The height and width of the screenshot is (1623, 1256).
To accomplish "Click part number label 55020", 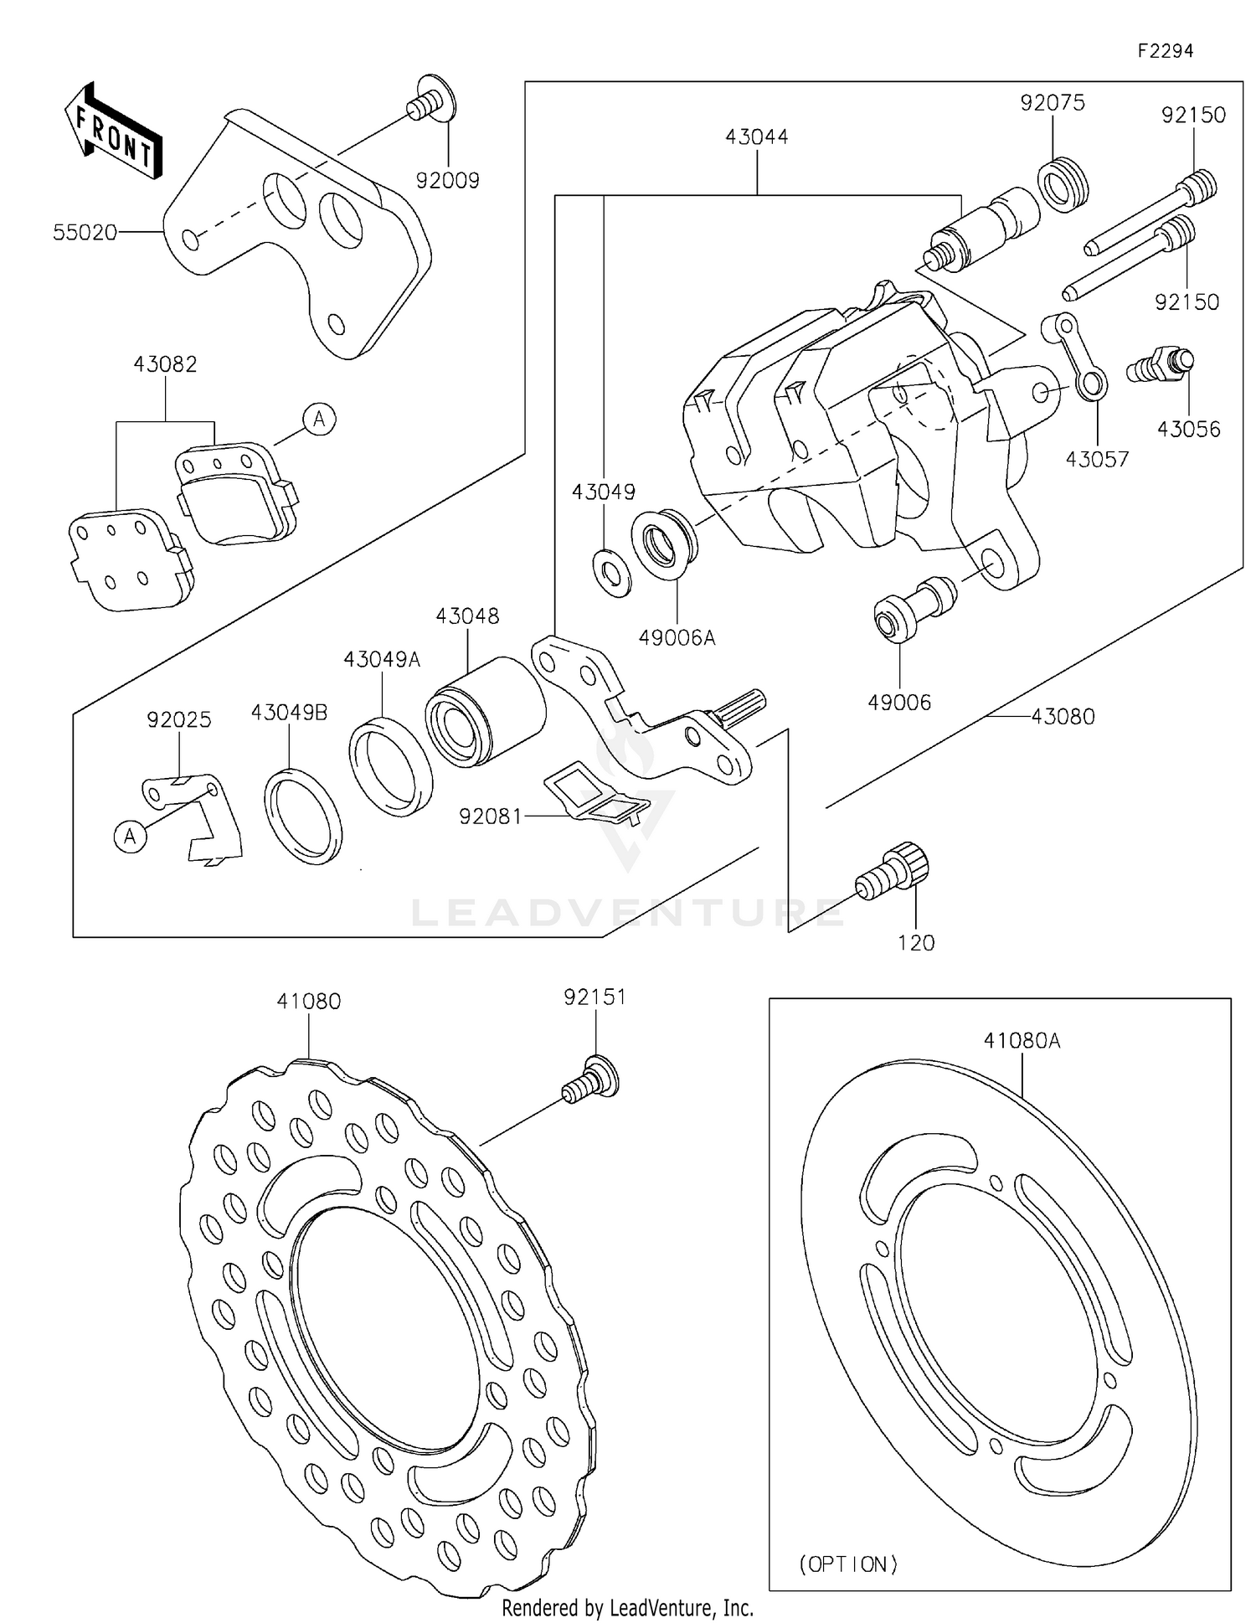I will (85, 232).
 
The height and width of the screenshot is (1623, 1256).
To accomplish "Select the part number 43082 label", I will (165, 364).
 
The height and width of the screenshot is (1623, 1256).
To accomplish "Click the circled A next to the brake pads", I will (319, 419).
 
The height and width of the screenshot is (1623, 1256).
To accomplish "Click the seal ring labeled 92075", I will (1063, 181).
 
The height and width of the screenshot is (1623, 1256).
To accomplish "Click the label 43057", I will (1097, 459).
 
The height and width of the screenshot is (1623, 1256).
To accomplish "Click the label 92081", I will (490, 815).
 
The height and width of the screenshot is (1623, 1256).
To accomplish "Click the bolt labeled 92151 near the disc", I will (590, 1079).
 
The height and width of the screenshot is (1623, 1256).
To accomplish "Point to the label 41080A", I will (1022, 1041).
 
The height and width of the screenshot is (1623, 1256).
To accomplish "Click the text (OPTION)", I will (848, 1563).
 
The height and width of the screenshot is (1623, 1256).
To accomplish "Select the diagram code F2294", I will (1165, 51).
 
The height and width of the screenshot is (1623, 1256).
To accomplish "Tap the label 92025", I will (178, 719).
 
